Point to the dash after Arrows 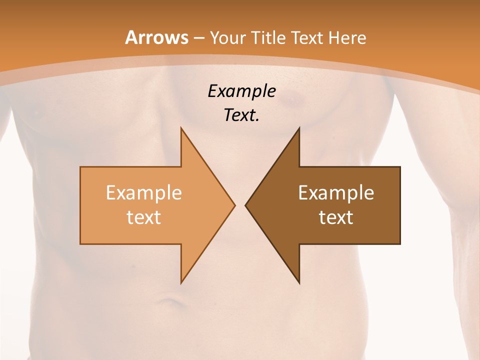pyautogui.click(x=199, y=38)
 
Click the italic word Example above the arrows pyautogui.click(x=241, y=91)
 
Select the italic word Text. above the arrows pyautogui.click(x=241, y=115)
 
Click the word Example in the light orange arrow pyautogui.click(x=144, y=193)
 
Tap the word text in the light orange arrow pyautogui.click(x=144, y=217)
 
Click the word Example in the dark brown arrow pyautogui.click(x=336, y=193)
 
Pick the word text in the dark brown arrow pyautogui.click(x=336, y=217)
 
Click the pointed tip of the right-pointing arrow pyautogui.click(x=234, y=205)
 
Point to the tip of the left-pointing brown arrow pyautogui.click(x=245, y=205)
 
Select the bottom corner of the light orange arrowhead pyautogui.click(x=181, y=283)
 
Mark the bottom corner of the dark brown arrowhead pyautogui.click(x=299, y=283)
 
